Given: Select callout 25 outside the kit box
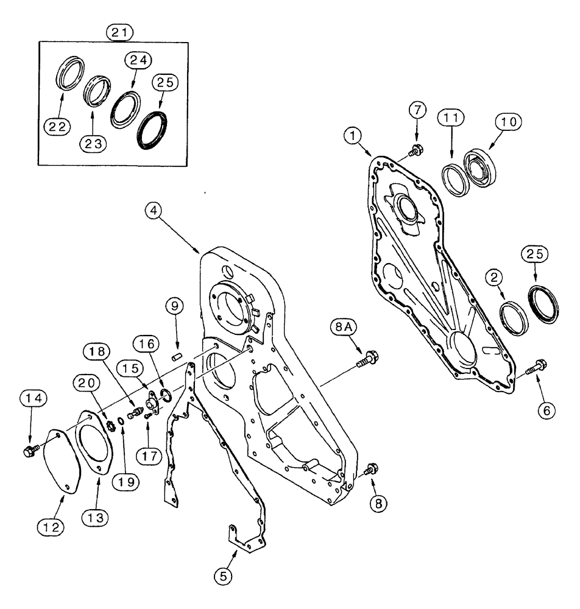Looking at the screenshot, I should tap(534, 255).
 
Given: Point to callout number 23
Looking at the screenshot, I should tap(92, 144).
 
